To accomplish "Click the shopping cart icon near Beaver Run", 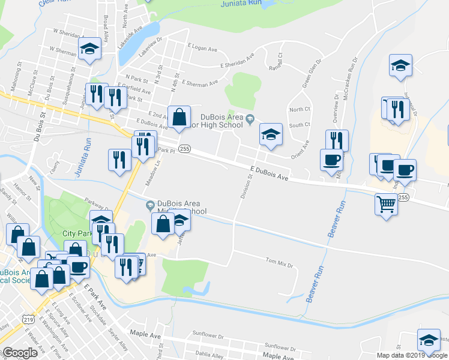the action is point(386,204).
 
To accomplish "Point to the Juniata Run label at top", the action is point(238,4).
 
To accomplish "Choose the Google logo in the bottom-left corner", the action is point(19,353).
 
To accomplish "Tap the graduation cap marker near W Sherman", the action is point(90,49).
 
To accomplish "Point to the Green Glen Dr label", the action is point(312,73).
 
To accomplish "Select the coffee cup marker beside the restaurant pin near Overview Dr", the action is point(331,160).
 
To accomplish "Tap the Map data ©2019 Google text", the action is point(412,355).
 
